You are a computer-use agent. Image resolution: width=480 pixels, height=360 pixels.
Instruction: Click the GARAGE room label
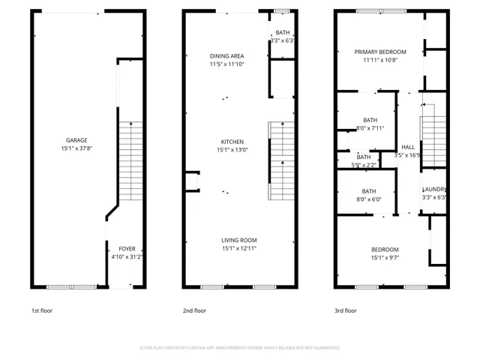pyautogui.click(x=76, y=140)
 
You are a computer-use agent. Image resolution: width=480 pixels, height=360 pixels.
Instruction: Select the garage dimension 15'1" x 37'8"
pyautogui.click(x=76, y=148)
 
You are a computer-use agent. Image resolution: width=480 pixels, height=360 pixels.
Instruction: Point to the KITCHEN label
pyautogui.click(x=232, y=142)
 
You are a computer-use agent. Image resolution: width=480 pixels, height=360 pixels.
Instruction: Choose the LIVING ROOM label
pyautogui.click(x=239, y=240)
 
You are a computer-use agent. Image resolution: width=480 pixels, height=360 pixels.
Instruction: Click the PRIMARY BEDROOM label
pyautogui.click(x=380, y=52)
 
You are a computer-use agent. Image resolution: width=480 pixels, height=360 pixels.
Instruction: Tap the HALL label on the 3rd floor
pyautogui.click(x=408, y=147)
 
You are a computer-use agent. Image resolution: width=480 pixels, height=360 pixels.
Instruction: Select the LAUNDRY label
pyautogui.click(x=435, y=190)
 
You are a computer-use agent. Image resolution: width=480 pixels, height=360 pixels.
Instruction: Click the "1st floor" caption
pyautogui.click(x=42, y=310)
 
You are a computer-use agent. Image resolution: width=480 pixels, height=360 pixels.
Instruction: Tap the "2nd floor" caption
pyautogui.click(x=194, y=310)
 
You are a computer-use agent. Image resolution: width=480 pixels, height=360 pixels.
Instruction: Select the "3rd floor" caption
pyautogui.click(x=346, y=310)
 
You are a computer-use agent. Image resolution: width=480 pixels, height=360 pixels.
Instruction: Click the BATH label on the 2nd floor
pyautogui.click(x=282, y=32)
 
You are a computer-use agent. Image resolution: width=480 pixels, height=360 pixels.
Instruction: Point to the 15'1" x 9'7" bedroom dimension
pyautogui.click(x=385, y=258)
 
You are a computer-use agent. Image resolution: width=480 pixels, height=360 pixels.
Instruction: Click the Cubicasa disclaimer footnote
pyautogui.click(x=240, y=348)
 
